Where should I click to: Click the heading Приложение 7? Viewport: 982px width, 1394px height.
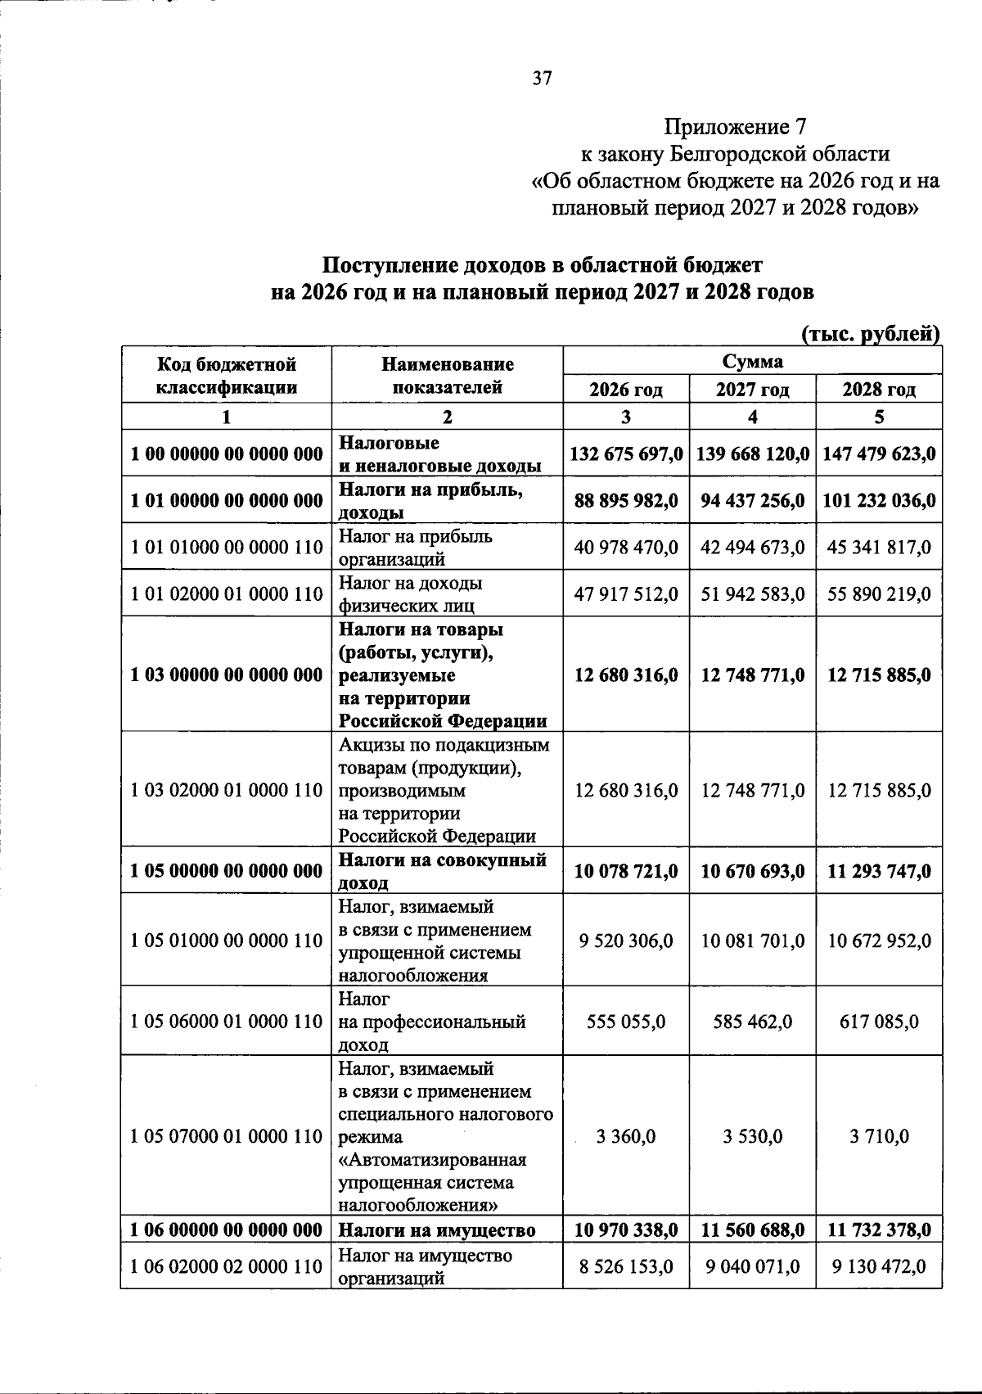pos(735,127)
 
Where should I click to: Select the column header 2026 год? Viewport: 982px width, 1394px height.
pos(626,390)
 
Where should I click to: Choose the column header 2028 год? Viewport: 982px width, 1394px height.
pos(879,390)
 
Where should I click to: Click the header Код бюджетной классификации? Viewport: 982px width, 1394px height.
pos(227,375)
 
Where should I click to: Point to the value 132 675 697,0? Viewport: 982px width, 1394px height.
pos(626,453)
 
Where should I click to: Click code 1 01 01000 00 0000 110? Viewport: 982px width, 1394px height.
pos(227,548)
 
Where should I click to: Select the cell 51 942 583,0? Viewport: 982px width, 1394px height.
pos(752,593)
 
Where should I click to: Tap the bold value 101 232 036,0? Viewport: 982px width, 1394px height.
pos(879,500)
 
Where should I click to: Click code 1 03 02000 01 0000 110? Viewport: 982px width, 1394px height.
pos(227,791)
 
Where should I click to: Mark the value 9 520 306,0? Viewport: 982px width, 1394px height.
pos(626,941)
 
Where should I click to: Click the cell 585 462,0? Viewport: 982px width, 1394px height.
pos(752,1022)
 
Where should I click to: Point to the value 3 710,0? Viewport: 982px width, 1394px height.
pos(879,1137)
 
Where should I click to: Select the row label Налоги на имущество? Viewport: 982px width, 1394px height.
pos(437,1230)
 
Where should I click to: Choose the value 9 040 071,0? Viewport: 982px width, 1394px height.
pos(752,1266)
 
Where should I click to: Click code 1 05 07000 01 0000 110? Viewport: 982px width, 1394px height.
pos(227,1137)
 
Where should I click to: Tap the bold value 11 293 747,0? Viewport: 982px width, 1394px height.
pos(879,872)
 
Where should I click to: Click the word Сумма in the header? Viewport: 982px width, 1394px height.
pos(752,361)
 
